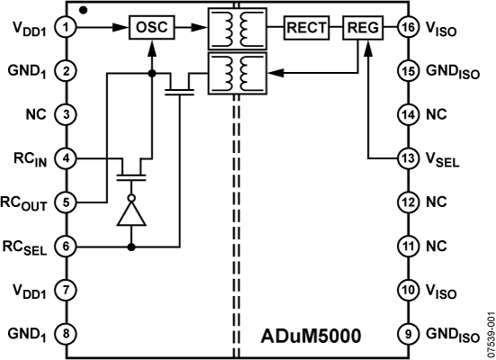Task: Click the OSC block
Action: (x=151, y=28)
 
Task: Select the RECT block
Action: (x=307, y=28)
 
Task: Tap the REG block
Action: (x=363, y=28)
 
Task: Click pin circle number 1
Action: (x=66, y=28)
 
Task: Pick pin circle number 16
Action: (x=408, y=28)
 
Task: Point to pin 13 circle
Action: (x=408, y=158)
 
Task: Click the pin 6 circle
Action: (x=66, y=246)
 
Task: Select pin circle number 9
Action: (x=408, y=334)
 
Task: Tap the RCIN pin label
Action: (x=31, y=159)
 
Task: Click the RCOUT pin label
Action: (x=23, y=203)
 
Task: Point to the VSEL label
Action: (x=442, y=159)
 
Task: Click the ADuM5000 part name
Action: (x=311, y=336)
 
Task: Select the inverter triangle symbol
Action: (x=131, y=213)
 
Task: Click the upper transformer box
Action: (x=238, y=29)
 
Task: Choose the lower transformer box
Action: (x=238, y=74)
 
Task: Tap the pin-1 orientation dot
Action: (x=83, y=11)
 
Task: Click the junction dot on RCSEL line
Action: (x=131, y=247)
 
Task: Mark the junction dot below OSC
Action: (x=152, y=74)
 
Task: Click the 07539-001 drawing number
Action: (x=491, y=335)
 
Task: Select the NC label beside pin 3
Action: (x=36, y=114)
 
